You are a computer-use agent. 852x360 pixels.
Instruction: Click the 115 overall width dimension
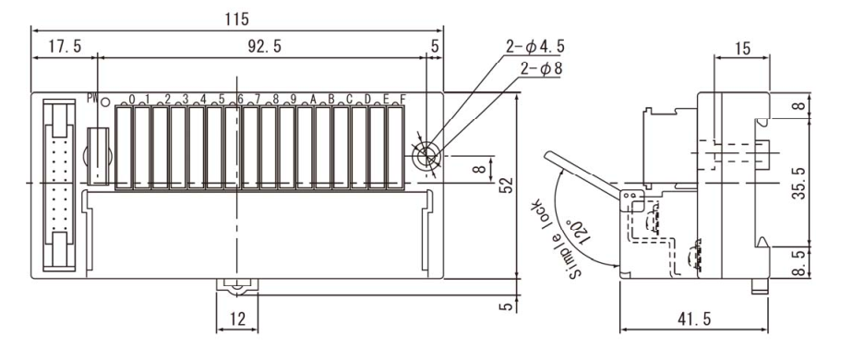pos(237,18)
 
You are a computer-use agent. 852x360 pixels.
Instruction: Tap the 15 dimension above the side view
pos(742,45)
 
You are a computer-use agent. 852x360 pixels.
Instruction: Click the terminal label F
pos(401,100)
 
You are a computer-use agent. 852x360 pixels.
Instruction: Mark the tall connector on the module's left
pos(58,184)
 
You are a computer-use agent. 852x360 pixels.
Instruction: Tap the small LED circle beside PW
pos(107,102)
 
